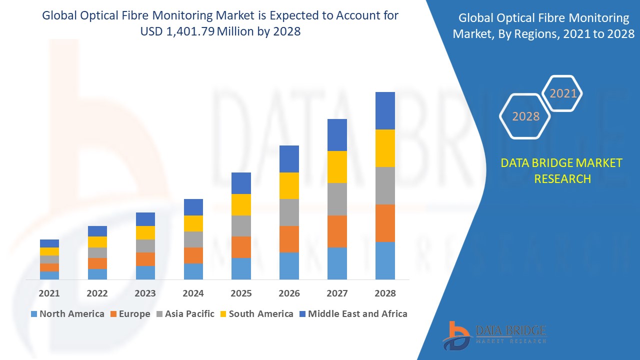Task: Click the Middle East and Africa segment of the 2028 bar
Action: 385,110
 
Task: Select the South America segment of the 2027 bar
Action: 337,167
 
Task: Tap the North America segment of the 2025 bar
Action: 241,268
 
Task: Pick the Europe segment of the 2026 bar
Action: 289,239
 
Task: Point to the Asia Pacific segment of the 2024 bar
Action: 193,239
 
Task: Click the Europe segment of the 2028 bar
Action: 385,223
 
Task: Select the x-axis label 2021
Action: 49,293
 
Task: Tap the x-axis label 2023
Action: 145,293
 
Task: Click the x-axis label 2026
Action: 289,293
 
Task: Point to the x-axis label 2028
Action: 385,293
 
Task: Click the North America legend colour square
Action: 34,314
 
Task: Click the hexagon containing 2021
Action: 563,93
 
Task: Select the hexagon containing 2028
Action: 525,116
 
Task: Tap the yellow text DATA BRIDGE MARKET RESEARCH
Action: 562,170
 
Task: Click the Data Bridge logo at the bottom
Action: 494,334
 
